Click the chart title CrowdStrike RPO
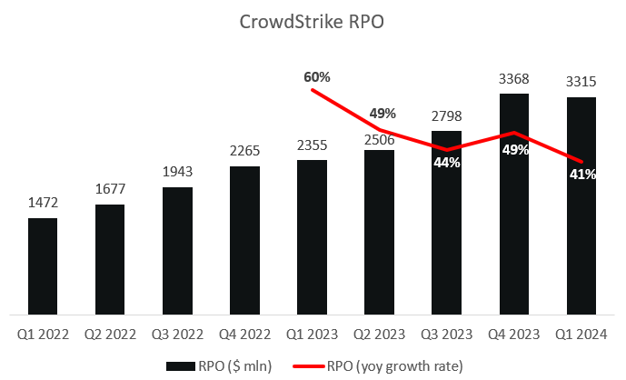coord(313,23)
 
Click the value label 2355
coord(312,145)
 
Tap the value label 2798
coord(446,115)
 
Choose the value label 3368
coord(514,79)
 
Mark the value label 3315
coord(581,83)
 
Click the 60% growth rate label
coord(316,76)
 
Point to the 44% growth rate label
coord(447,163)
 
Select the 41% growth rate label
coord(582,174)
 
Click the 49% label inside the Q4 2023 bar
coord(515,150)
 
